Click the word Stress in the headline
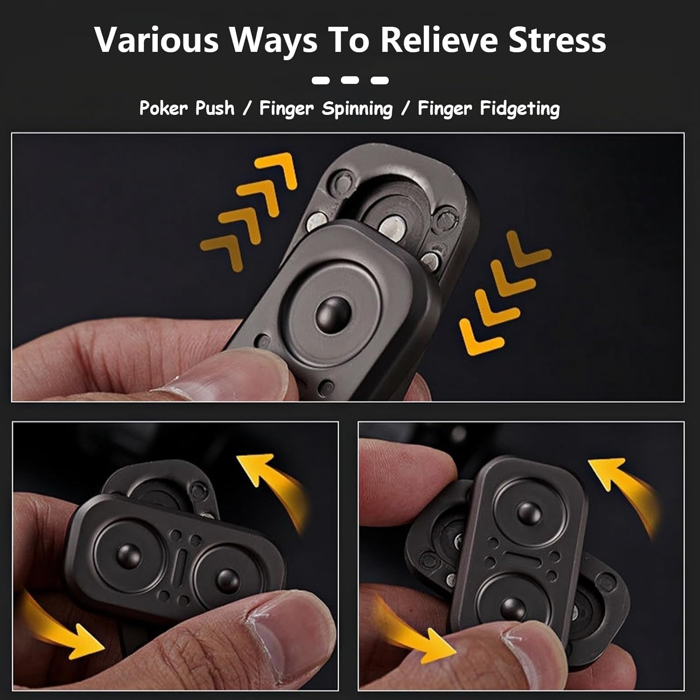(557, 40)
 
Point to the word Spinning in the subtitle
(357, 109)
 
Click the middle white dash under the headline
(350, 80)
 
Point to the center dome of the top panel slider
(333, 312)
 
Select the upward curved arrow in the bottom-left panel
(275, 485)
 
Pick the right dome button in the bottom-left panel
(227, 579)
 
